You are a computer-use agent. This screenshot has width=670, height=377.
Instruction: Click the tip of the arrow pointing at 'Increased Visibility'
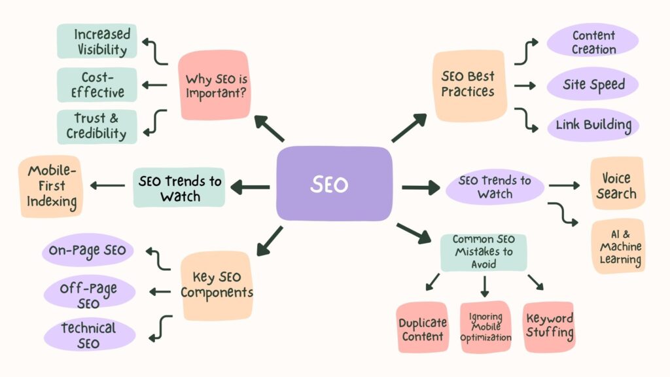142,42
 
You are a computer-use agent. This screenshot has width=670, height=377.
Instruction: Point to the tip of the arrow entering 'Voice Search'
580,185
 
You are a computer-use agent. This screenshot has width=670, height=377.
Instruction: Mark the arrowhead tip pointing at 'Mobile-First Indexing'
90,185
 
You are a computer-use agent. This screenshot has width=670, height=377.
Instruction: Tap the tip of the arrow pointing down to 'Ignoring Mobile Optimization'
484,297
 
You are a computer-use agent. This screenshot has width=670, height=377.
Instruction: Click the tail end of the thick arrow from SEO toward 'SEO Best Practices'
393,141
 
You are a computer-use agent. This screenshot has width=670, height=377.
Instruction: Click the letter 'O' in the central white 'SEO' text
340,185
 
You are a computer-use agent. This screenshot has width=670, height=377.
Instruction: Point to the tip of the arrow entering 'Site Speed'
536,86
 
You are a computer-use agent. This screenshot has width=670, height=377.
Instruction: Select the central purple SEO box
334,183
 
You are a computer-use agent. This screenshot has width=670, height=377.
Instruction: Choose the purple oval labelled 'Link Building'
593,125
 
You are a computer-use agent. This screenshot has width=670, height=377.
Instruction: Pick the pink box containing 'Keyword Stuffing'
549,327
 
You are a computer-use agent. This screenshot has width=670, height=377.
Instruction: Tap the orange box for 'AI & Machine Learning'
618,246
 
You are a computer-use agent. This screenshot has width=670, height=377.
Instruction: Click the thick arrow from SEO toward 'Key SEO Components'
270,241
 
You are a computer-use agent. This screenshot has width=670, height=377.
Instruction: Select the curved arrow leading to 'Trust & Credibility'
155,122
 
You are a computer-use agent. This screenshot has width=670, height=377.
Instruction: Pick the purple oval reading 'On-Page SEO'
88,250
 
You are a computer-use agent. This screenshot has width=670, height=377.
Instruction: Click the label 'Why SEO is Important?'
216,86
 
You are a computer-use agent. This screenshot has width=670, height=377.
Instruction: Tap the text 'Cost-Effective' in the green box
97,84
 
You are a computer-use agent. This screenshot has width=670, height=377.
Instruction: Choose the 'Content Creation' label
593,42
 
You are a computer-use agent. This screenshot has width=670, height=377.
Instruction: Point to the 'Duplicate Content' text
423,329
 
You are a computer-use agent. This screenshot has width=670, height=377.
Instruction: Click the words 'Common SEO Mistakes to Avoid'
484,251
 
